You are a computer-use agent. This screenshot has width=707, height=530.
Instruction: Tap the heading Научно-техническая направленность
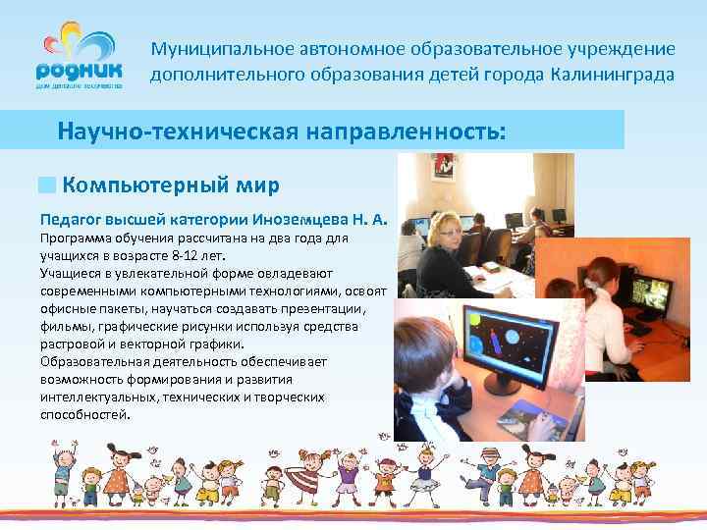[282, 131]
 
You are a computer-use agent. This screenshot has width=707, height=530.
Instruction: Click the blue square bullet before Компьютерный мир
[47, 185]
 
